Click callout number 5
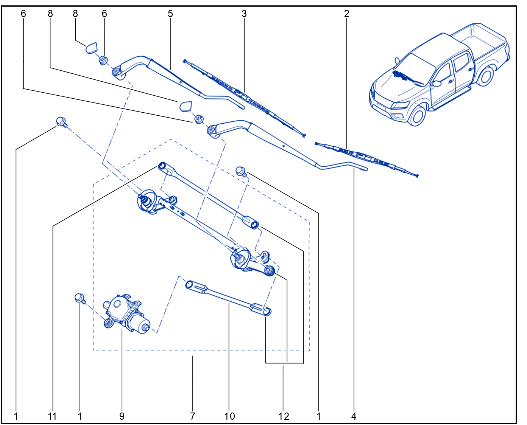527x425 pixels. click(170, 14)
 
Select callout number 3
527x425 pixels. click(244, 14)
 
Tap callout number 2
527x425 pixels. click(346, 14)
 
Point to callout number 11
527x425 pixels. click(52, 416)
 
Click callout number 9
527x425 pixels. click(122, 416)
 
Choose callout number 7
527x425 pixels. click(192, 416)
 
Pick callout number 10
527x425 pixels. click(229, 416)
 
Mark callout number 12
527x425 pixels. click(284, 416)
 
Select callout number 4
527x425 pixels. click(354, 416)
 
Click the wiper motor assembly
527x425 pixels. click(126, 313)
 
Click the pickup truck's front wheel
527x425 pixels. click(417, 116)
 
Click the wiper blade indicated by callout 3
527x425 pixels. click(245, 98)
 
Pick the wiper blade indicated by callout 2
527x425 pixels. click(366, 159)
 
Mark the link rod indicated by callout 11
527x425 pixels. click(208, 195)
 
